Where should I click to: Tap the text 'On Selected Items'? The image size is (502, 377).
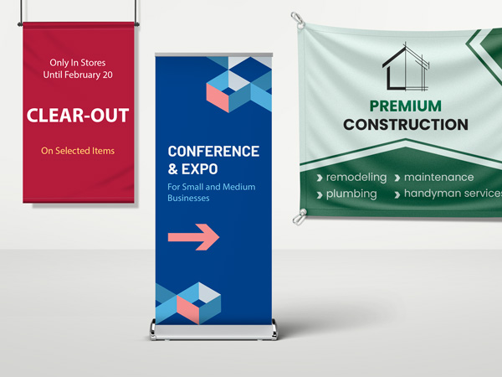(78, 151)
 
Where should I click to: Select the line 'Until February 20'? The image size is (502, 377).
(77, 75)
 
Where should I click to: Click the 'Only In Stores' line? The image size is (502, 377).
(77, 63)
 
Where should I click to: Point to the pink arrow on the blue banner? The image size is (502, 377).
(193, 237)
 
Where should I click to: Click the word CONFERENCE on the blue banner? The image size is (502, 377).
(213, 152)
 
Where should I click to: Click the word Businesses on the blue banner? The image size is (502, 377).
(188, 199)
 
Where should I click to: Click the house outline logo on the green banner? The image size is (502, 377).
(406, 66)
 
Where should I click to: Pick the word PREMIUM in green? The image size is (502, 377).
(406, 106)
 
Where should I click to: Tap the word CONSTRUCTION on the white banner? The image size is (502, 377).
(406, 125)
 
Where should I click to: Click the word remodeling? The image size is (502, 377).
(356, 178)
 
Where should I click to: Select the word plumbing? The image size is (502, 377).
(351, 194)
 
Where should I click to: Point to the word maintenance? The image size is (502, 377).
(438, 178)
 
